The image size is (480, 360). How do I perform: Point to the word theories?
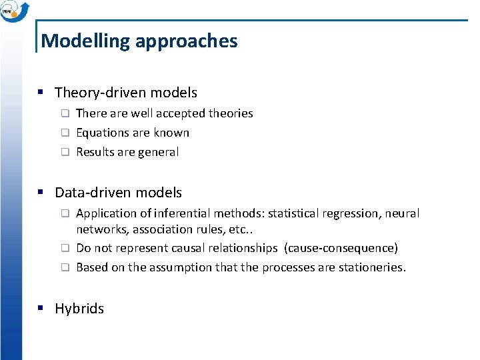pos(231,113)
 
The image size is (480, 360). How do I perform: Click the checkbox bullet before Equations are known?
pos(65,133)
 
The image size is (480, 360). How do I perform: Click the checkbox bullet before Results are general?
pos(65,152)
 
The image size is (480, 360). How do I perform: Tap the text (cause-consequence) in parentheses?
pos(341,248)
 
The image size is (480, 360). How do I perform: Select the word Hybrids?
pos(79,309)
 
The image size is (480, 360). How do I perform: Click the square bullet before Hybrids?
pos(41,309)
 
